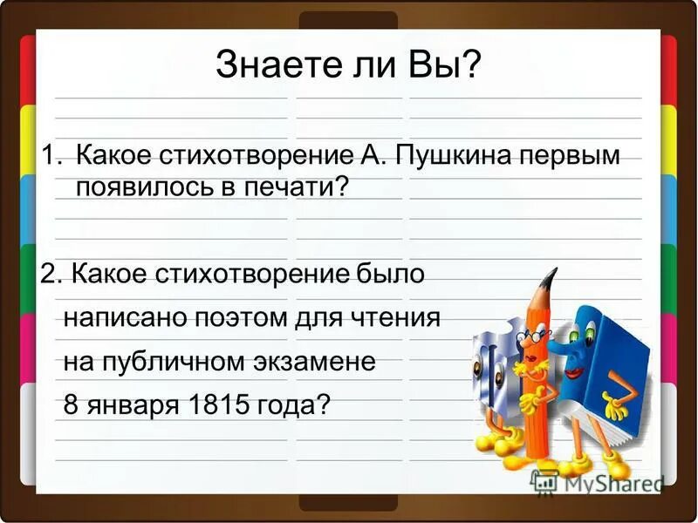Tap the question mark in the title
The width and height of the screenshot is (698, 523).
(471, 65)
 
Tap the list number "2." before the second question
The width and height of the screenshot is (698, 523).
(51, 274)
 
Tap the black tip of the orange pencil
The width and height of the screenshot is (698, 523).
(549, 278)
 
